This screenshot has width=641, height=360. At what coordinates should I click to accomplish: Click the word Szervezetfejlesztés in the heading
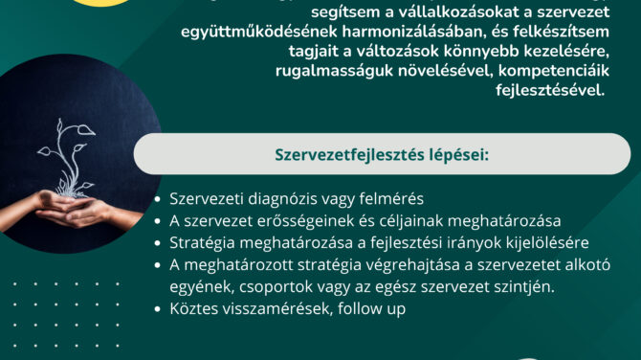pos(349,155)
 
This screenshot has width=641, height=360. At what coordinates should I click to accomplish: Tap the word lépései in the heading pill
pos(458,156)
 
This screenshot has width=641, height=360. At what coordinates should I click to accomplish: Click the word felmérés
pos(391,198)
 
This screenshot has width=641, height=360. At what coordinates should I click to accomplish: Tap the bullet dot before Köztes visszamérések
pos(158,309)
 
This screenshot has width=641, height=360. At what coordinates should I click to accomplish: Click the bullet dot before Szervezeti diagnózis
pos(158,199)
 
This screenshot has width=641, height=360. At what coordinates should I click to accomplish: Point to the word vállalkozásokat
pos(458,11)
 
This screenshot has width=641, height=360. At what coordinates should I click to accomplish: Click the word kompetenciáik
pos(554,71)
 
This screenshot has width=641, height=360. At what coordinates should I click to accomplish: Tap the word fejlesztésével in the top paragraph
pos(550,90)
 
